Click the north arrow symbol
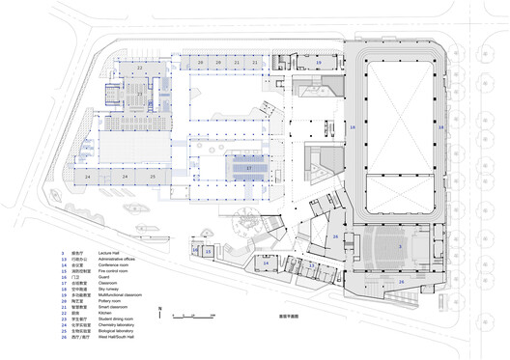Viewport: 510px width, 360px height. click(159, 314)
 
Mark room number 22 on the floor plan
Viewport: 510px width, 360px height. click(139, 69)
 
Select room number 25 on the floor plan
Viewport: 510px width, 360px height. click(151, 178)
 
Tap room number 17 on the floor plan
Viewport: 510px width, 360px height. click(248, 167)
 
